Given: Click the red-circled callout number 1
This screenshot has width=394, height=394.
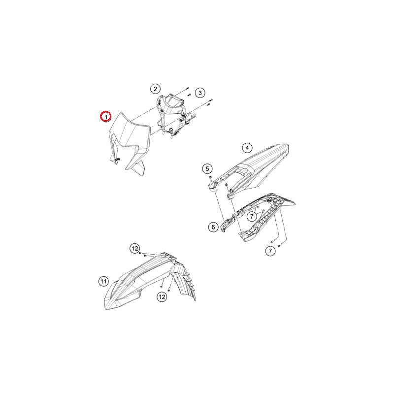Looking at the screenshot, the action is [x=106, y=117].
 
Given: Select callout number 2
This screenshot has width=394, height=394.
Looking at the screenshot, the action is [x=155, y=89].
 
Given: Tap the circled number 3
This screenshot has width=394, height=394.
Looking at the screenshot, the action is [x=200, y=93].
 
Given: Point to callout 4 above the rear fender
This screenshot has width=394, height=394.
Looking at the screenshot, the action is [x=247, y=148].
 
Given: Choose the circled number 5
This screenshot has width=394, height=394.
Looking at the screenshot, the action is [x=207, y=168].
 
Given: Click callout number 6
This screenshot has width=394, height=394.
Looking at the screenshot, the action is [x=213, y=227].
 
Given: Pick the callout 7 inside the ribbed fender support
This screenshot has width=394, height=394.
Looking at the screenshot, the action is [x=252, y=216].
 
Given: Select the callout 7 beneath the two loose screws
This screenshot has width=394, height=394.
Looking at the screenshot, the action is [x=270, y=251].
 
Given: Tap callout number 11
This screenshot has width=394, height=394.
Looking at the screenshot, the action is [x=103, y=281].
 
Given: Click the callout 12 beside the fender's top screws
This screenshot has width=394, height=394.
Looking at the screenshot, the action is [x=134, y=249].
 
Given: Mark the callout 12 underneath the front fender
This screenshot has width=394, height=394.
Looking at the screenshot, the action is [x=162, y=297].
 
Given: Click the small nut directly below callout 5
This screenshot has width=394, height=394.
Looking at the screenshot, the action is [x=210, y=177].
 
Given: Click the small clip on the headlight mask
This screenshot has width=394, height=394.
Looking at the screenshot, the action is [x=117, y=159].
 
